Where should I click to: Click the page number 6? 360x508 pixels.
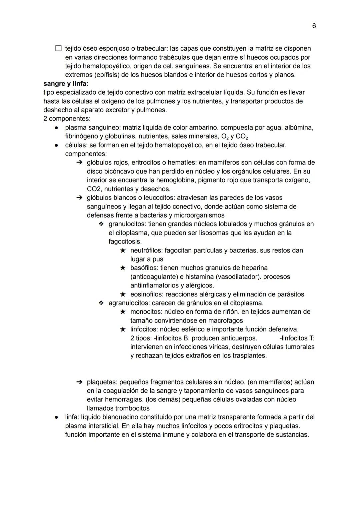[314, 26]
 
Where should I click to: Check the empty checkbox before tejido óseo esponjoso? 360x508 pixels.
[58, 49]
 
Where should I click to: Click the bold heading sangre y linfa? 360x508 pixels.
[66, 83]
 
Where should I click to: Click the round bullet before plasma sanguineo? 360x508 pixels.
[57, 128]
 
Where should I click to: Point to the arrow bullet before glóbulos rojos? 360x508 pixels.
[79, 163]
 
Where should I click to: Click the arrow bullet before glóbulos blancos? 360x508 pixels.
[79, 198]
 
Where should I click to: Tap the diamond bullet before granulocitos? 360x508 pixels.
[101, 224]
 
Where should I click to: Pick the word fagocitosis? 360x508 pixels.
[125, 242]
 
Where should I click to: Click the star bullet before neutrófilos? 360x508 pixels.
[123, 251]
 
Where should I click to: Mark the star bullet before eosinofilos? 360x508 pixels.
[123, 294]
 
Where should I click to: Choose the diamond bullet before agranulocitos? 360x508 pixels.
[101, 303]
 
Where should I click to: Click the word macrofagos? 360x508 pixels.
[226, 321]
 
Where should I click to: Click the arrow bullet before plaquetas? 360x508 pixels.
[79, 382]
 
